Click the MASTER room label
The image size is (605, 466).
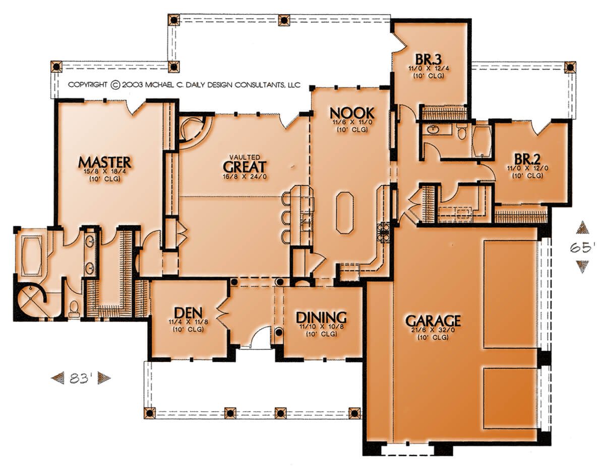click(104, 162)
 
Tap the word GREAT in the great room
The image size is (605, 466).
click(245, 167)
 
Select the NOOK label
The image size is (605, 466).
click(352, 113)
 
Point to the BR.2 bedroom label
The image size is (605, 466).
click(527, 160)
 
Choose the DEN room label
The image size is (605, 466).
click(188, 313)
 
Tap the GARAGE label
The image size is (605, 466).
click(433, 321)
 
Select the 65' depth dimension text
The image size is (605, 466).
click(583, 248)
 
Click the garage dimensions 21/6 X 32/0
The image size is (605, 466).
click(433, 330)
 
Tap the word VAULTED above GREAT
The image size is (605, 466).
click(245, 158)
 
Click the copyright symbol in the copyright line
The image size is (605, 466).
click(115, 85)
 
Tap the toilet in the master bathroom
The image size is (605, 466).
click(74, 309)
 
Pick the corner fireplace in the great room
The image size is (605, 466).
click(193, 129)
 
